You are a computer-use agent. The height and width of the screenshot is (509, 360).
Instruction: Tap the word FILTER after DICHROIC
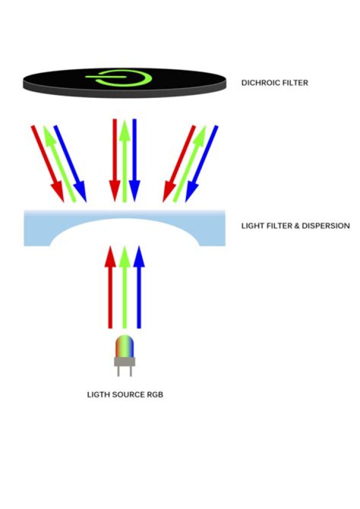295,83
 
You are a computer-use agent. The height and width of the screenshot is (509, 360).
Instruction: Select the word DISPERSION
325,225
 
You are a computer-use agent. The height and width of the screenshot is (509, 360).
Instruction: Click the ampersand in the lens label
296,225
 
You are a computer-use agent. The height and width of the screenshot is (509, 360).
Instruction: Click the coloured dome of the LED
124,346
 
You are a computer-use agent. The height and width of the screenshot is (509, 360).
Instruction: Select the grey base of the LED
124,362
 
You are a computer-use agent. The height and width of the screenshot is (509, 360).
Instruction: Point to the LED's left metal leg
118,371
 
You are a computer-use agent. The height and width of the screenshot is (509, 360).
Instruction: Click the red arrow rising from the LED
110,287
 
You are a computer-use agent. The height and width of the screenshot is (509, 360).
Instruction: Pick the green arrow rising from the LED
124,287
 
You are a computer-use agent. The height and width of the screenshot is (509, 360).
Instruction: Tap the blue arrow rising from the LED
139,287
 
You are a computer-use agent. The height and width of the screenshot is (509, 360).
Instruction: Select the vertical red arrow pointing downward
114,160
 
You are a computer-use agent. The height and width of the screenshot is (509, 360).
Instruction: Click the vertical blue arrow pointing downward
134,160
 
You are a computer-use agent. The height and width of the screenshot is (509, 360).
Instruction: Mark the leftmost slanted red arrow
47,164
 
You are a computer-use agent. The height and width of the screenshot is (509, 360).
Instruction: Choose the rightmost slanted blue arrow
201,164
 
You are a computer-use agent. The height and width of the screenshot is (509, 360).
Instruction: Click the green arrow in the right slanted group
190,164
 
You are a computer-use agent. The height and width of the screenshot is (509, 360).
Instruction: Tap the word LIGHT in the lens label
252,225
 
